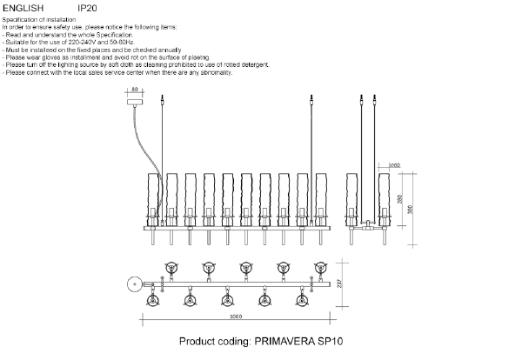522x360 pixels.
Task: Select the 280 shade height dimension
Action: (400, 197)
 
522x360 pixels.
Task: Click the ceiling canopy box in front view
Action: (134, 101)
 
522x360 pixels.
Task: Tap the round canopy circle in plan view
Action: (133, 283)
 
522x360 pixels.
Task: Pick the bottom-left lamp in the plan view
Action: (154, 300)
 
